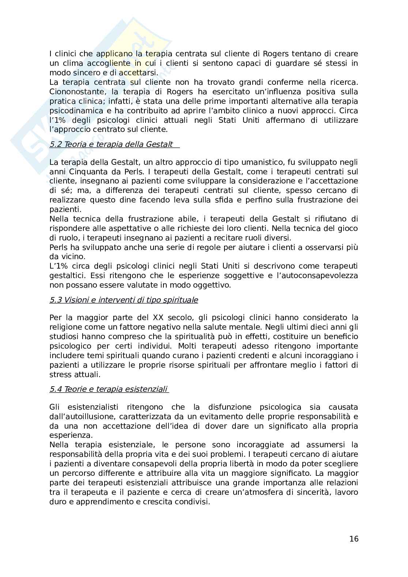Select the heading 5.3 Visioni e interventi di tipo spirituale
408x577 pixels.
coord(124,300)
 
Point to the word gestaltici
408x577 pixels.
coord(67,276)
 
